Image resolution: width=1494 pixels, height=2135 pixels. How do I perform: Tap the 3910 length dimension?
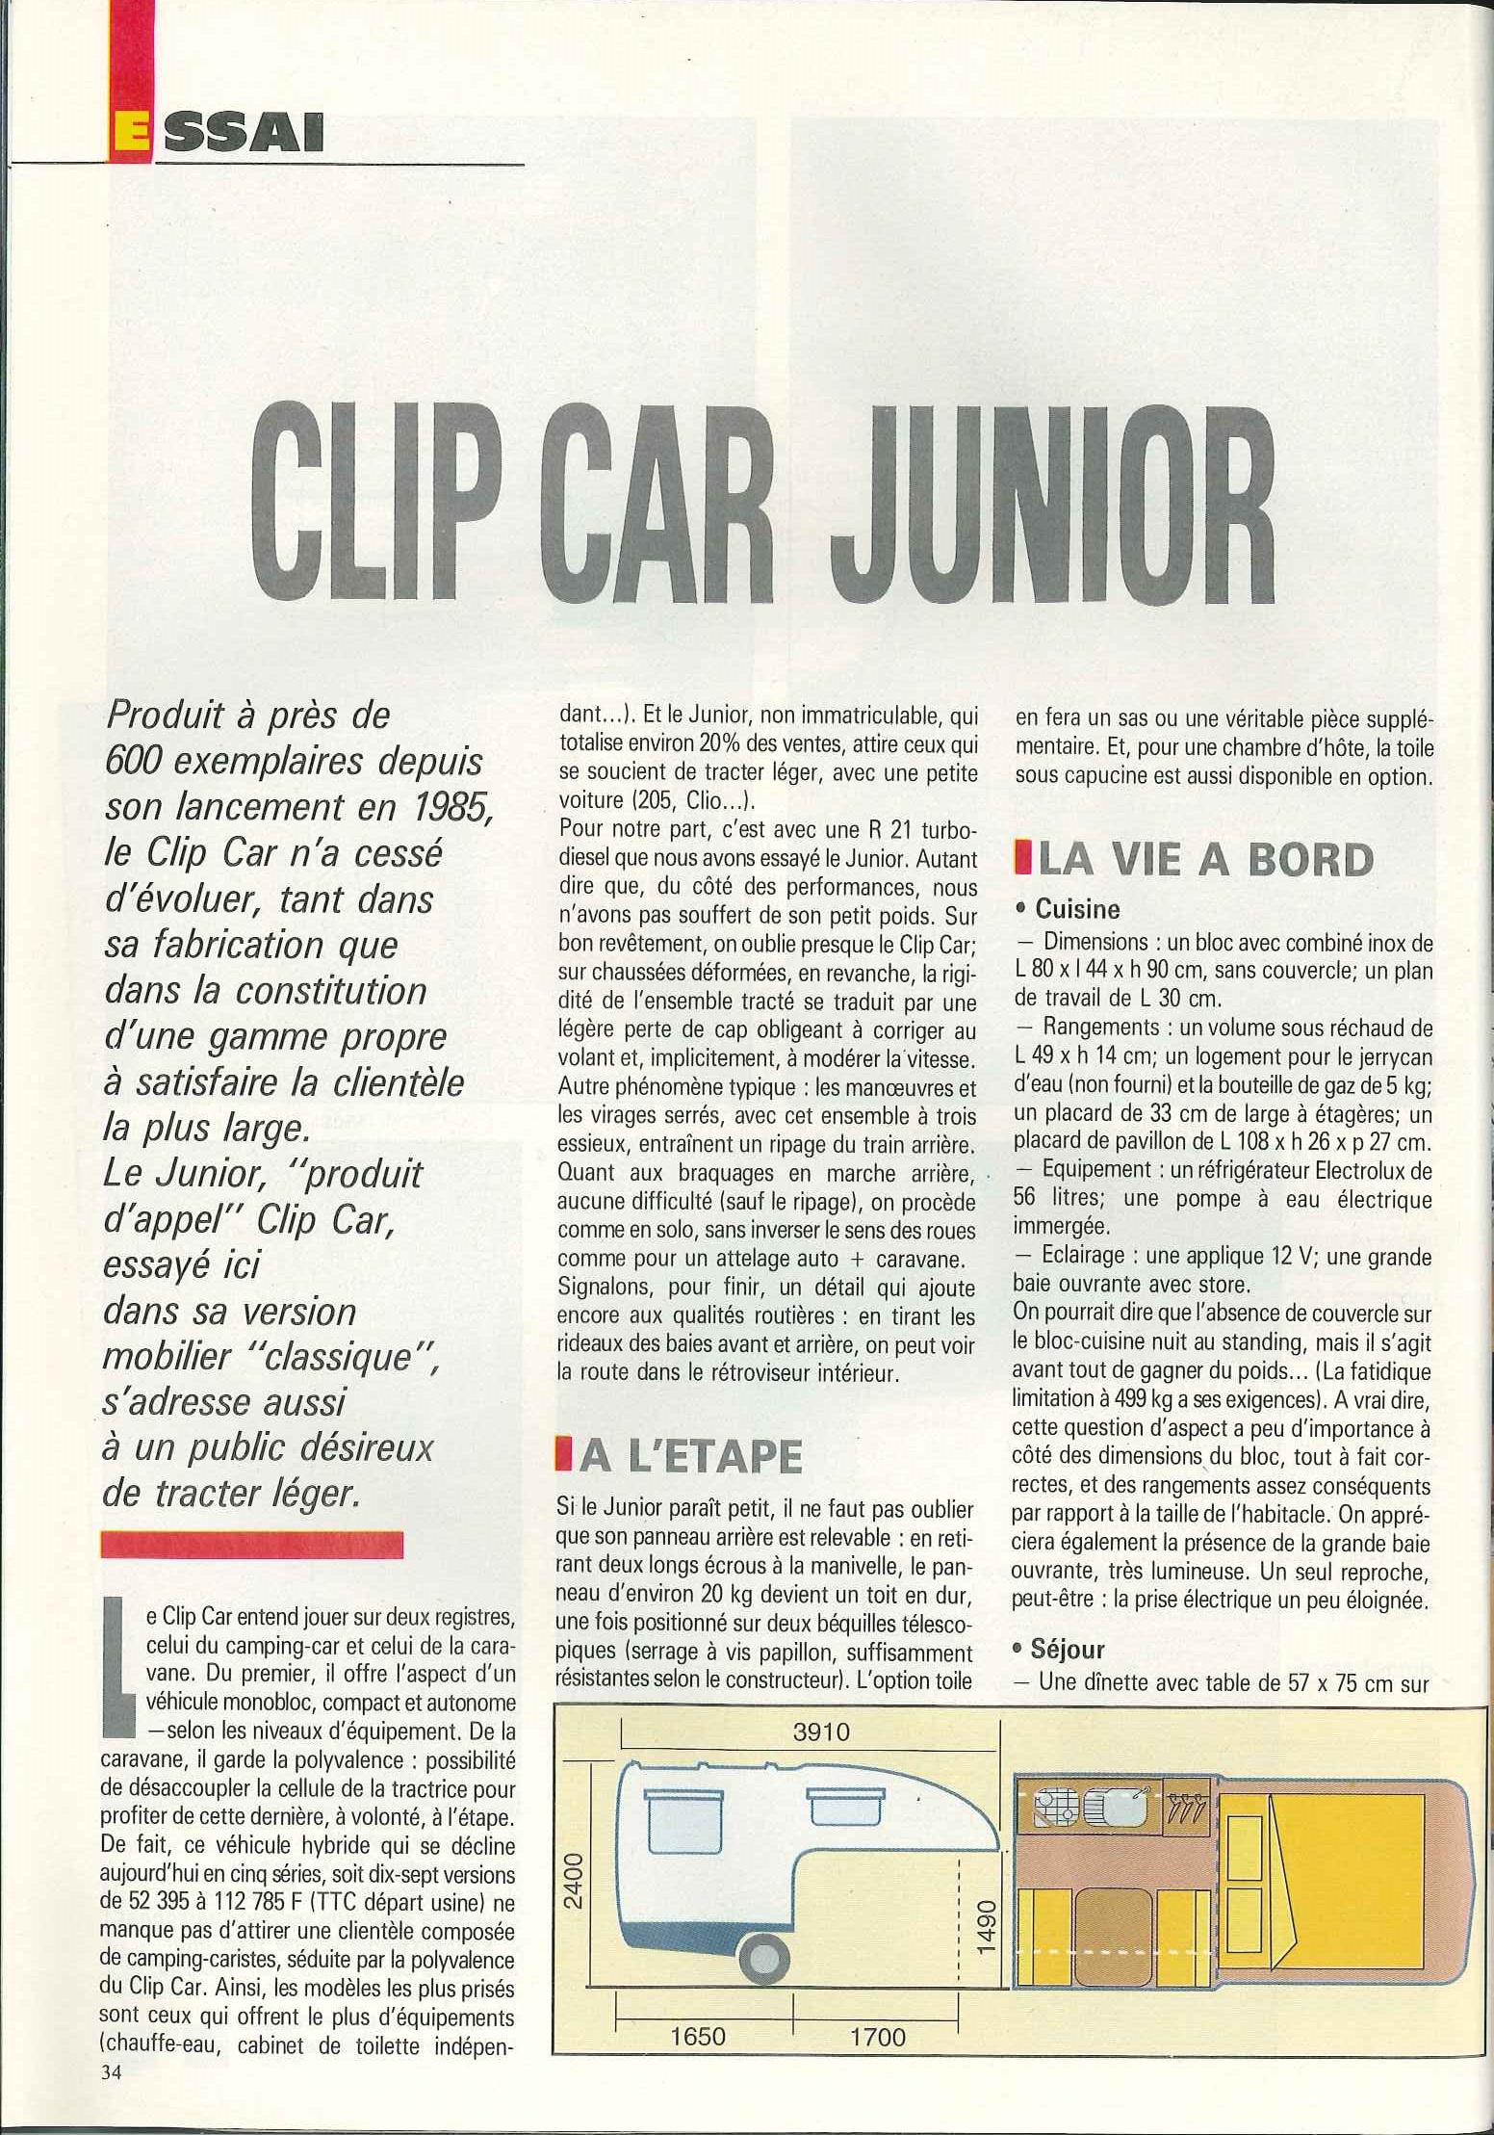click(x=821, y=1731)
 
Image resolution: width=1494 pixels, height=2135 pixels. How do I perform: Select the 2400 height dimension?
click(x=574, y=1881)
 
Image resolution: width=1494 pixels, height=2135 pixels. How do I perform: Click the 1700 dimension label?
click(x=878, y=2037)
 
